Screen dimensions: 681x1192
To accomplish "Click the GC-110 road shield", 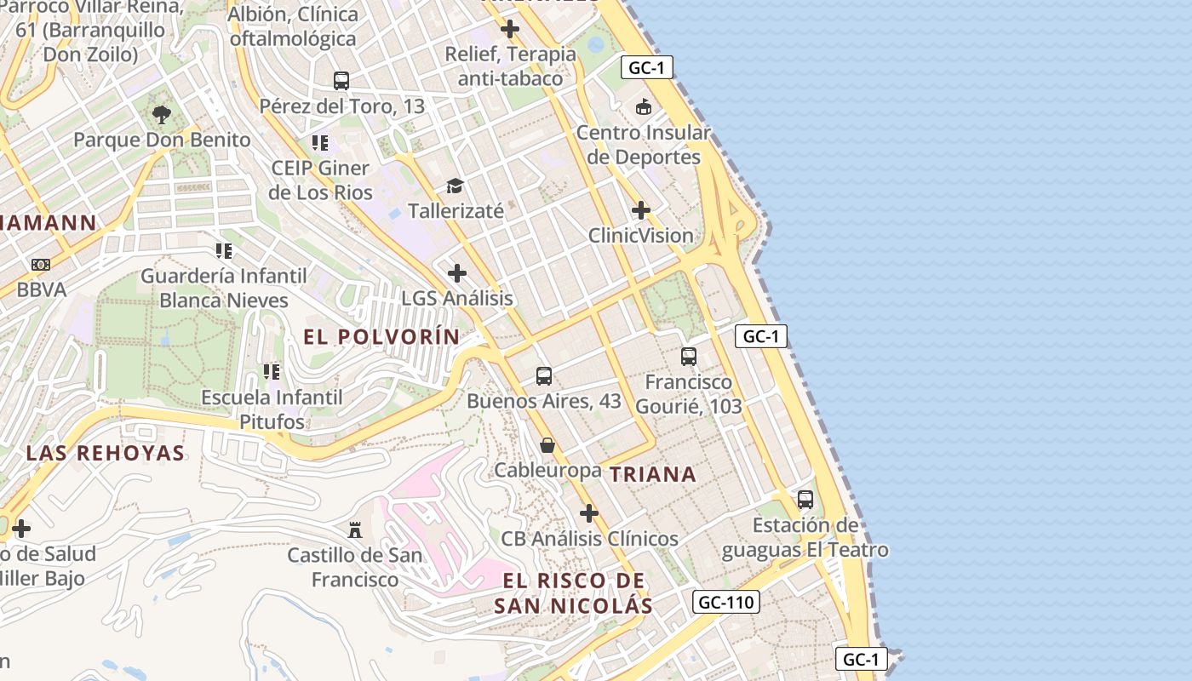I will (725, 603).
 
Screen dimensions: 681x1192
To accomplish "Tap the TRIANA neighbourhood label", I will (653, 475).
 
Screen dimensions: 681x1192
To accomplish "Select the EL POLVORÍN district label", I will (381, 337).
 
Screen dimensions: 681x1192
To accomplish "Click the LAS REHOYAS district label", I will (106, 453).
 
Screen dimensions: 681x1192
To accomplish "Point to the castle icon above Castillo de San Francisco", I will (355, 530).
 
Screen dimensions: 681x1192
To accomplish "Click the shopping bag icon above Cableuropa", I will (547, 445).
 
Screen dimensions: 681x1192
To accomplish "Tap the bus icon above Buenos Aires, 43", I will (544, 375).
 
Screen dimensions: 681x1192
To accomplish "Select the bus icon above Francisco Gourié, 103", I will (689, 357).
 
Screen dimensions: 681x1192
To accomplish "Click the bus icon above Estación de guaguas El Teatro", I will (805, 500).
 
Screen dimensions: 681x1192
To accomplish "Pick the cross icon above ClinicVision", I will (641, 210).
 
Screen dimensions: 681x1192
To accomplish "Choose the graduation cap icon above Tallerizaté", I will (456, 186).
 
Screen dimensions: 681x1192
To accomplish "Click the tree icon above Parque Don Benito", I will (162, 114).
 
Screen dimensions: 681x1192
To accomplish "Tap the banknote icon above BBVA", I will (41, 265).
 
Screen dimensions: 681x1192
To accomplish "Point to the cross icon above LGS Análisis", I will (457, 273).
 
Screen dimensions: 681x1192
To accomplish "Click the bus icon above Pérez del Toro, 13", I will (341, 81).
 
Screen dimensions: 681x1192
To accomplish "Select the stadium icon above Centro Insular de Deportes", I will (644, 107).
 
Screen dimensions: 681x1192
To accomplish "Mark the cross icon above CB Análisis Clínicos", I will (589, 513).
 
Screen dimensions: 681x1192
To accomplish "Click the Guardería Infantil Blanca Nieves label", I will (224, 288).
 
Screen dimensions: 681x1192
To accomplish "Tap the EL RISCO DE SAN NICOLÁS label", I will (573, 593).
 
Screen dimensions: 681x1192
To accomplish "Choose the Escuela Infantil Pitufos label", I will (272, 409).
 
